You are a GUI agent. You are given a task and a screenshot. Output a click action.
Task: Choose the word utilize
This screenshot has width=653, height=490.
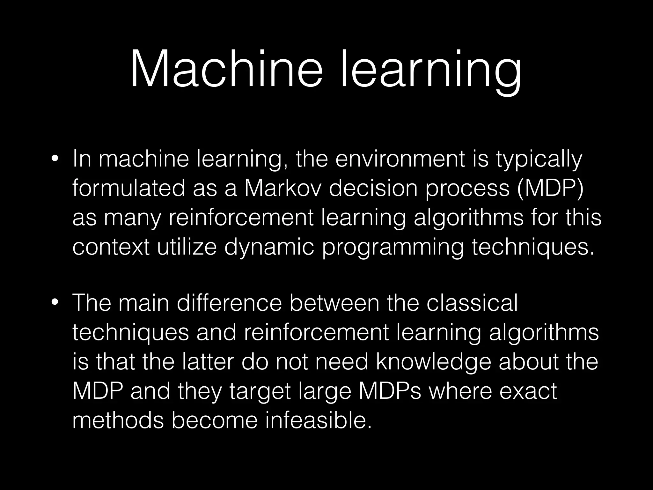(187, 247)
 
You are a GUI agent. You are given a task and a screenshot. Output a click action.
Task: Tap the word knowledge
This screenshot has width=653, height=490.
(434, 362)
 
